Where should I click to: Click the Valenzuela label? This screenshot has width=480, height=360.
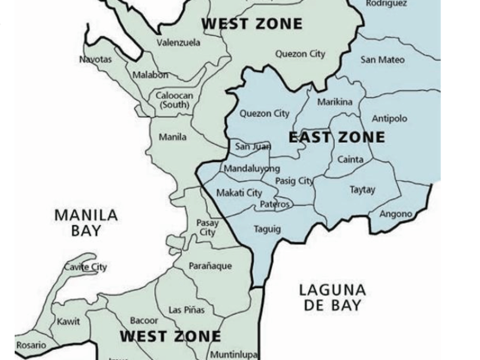click(x=178, y=43)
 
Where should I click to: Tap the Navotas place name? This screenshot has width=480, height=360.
click(x=95, y=59)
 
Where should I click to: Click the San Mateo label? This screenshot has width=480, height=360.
click(x=382, y=60)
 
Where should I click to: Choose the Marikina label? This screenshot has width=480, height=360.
click(x=334, y=102)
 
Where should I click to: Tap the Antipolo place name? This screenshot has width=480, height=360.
click(x=389, y=119)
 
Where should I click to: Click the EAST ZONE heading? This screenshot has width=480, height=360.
click(x=337, y=137)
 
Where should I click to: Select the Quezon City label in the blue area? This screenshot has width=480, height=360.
click(x=264, y=113)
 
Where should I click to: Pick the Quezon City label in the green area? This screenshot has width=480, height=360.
click(x=300, y=54)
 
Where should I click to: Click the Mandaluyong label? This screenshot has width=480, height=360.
click(x=252, y=169)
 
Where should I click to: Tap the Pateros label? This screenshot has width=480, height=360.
click(x=275, y=205)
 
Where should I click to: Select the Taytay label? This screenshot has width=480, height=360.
click(x=362, y=190)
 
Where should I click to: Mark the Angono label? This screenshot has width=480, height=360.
click(x=395, y=214)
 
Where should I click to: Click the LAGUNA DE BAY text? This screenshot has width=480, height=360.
click(x=332, y=298)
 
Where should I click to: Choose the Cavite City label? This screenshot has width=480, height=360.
click(x=85, y=267)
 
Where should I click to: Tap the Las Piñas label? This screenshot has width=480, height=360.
click(x=187, y=310)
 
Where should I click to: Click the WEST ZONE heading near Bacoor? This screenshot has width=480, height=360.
click(x=170, y=336)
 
